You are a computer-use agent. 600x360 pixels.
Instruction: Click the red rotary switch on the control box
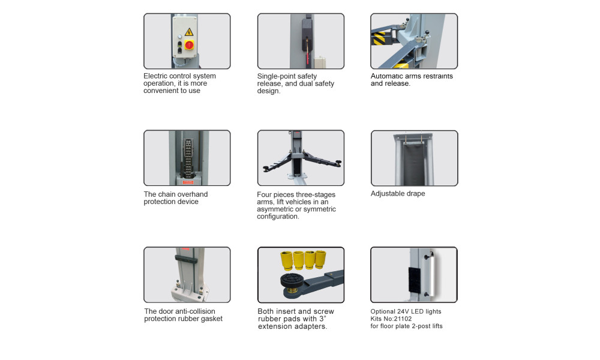pos(189,45)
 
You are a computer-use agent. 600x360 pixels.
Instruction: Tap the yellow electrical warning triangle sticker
pos(189,32)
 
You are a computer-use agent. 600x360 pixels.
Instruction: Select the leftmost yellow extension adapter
pos(286,260)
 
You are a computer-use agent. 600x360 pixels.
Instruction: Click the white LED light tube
pos(431,275)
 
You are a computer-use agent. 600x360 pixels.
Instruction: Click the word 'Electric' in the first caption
pos(155,76)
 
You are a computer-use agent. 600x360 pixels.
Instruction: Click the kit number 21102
pos(403,319)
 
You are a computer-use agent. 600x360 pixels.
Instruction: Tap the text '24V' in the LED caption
pos(403,311)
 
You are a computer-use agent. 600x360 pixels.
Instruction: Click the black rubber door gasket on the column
pos(187,259)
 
